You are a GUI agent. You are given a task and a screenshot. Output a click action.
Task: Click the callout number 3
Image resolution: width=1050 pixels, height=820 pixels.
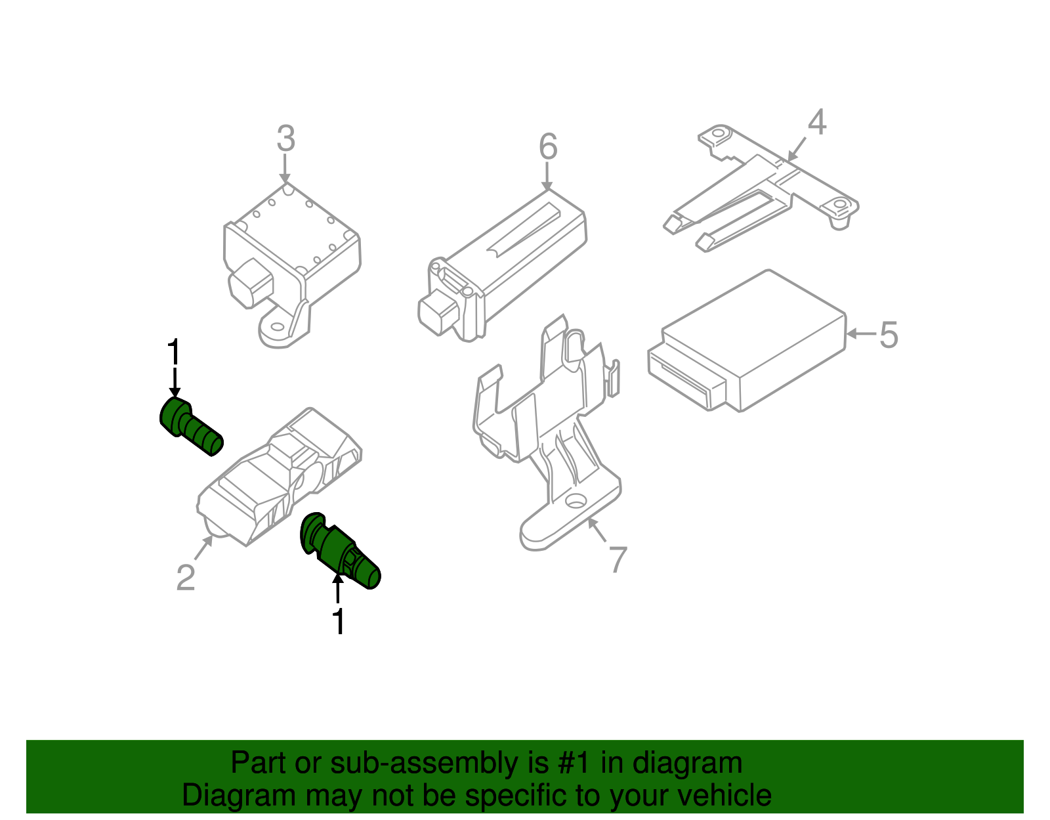tap(285, 139)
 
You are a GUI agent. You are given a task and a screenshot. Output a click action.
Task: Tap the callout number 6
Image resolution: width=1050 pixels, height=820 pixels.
tap(548, 146)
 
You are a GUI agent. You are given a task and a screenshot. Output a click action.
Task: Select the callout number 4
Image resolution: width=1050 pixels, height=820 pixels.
tap(816, 122)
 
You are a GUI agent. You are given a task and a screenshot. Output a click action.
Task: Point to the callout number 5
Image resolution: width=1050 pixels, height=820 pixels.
tap(888, 335)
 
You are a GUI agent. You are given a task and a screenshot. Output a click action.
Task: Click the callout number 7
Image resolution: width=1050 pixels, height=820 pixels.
tap(618, 560)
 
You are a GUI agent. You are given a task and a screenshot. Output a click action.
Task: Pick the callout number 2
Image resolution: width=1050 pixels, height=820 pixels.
tap(186, 578)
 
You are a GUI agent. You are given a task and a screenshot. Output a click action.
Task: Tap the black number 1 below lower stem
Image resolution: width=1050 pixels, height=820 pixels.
tap(338, 622)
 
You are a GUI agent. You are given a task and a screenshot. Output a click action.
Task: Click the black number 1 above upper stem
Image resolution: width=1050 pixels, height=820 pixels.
tap(173, 353)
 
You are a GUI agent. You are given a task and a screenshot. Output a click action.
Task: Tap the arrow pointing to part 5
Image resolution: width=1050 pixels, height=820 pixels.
tap(860, 334)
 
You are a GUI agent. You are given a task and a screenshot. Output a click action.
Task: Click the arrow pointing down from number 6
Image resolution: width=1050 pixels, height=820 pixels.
tap(547, 177)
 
